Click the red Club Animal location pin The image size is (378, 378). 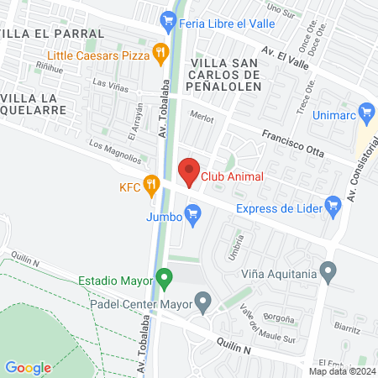pos(189,171)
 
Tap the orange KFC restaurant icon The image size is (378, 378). pos(151,183)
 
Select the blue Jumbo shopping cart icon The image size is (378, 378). pos(194,217)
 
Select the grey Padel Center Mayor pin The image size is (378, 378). pos(202,299)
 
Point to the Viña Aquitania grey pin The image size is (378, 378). pos(328,271)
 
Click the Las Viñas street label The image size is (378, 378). pos(111,83)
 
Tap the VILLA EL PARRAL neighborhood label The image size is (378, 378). pos(53,34)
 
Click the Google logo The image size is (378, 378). pos(28,367)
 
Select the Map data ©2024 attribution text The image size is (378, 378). pos(341,371)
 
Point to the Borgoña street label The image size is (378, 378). pos(280,320)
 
